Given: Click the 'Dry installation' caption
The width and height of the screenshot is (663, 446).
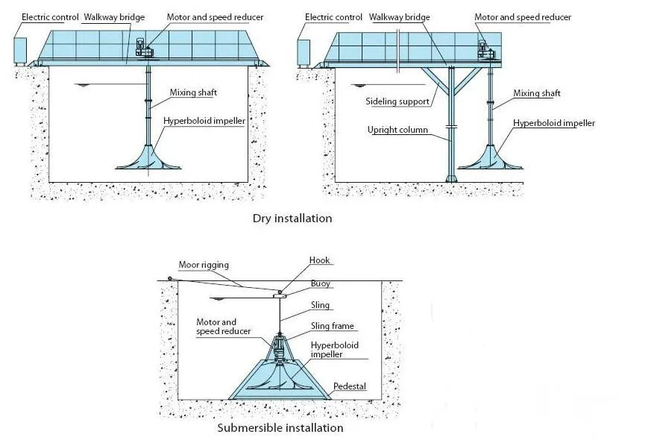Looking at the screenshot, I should [x=292, y=219].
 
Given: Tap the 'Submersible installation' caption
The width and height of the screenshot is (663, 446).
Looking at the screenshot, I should [x=280, y=428].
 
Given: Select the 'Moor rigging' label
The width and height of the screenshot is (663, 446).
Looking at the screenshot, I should [x=204, y=265].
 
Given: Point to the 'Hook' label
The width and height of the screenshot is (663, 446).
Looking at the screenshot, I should [x=320, y=260].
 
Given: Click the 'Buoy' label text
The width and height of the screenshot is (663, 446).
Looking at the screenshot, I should [x=321, y=284].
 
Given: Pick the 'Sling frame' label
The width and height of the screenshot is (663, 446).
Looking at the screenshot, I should [x=333, y=326].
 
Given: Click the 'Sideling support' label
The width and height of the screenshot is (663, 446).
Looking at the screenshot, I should [x=398, y=101].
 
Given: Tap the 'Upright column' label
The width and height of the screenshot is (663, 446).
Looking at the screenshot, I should [x=398, y=130].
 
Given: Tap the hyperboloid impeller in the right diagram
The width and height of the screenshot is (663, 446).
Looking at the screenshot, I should [x=489, y=156].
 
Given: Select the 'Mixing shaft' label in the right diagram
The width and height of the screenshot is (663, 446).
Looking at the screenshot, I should [x=536, y=93].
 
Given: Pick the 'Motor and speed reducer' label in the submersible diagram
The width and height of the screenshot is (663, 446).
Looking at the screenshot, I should [x=223, y=326].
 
